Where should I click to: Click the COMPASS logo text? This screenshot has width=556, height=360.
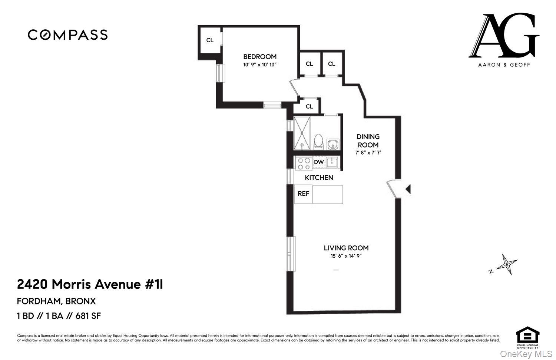[67, 35]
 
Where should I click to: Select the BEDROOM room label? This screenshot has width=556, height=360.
[259, 57]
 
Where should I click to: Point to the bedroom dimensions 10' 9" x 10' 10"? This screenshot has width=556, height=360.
[260, 65]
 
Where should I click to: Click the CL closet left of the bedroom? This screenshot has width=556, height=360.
[210, 40]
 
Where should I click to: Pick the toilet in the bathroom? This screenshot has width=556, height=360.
[318, 142]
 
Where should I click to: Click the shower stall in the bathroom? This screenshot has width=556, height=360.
[302, 133]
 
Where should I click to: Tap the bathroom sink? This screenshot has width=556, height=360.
[333, 144]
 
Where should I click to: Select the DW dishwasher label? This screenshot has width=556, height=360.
[319, 162]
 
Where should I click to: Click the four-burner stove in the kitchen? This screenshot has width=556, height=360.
[303, 163]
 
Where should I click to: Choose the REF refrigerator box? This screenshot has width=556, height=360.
[303, 194]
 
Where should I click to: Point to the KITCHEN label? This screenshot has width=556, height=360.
[319, 178]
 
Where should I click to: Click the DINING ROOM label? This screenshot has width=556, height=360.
[368, 141]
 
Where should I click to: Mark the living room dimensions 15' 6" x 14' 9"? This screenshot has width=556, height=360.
[346, 256]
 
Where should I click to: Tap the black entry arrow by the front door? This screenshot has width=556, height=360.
[408, 189]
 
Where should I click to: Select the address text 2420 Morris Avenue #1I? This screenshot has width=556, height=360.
[90, 285]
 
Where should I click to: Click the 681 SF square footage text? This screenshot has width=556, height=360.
[88, 316]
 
